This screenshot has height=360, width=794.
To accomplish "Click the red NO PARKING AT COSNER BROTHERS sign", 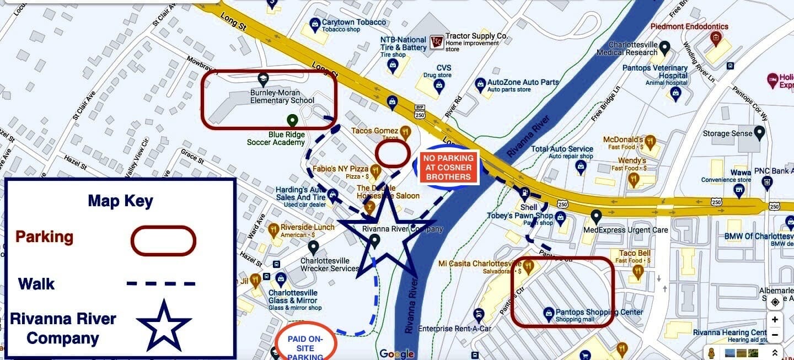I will (448, 168).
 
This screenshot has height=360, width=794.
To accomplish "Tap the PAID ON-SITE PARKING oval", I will (305, 345).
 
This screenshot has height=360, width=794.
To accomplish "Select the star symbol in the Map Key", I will (164, 326).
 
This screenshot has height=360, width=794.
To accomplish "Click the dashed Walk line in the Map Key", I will (160, 284).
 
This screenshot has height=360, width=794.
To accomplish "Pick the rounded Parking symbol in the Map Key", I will (163, 241).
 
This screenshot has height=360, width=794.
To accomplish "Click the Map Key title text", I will (120, 200).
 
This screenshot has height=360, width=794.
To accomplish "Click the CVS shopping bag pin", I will (439, 85).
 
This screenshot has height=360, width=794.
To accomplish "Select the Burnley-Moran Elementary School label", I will (282, 96).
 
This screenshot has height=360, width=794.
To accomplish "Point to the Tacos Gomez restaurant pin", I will (405, 132).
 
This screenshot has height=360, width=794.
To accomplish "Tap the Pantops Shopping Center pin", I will (548, 313).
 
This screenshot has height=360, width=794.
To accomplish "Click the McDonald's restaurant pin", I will (650, 141).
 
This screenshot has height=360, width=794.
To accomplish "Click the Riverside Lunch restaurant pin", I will (273, 229).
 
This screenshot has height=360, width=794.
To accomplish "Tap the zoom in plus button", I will (775, 320).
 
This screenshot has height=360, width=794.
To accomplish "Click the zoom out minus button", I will (775, 335).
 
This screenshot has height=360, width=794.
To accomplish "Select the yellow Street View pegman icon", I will (712, 353).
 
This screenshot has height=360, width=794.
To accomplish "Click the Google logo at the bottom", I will (396, 353).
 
